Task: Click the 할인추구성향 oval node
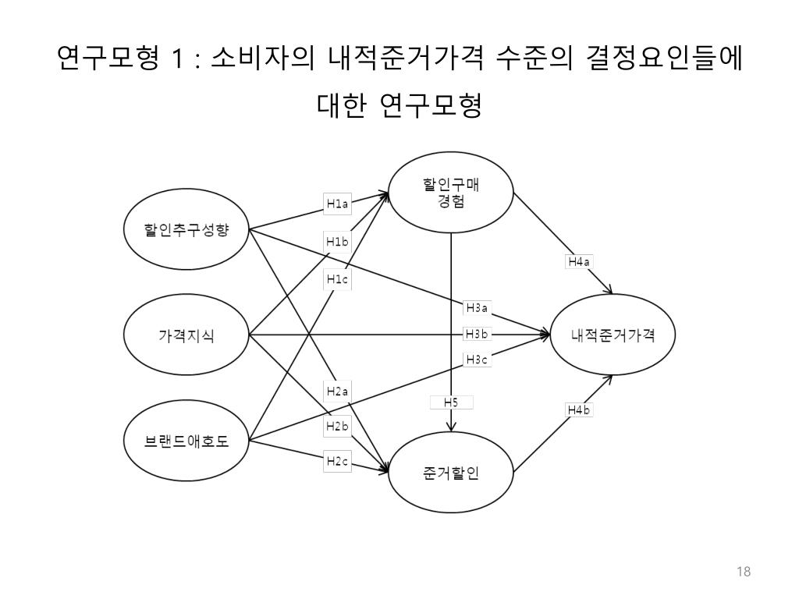(186, 230)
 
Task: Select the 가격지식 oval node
(186, 336)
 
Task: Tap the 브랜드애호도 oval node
(186, 441)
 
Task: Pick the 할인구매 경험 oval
(451, 193)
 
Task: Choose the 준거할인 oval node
(451, 473)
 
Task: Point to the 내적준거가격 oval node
(613, 336)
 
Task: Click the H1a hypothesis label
(337, 204)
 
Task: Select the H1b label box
(337, 242)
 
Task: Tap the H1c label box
(337, 278)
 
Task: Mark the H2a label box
(337, 391)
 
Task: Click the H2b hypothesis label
(337, 427)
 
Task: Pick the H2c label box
(337, 462)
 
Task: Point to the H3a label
(476, 307)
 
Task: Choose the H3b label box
(476, 334)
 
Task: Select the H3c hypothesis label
(476, 360)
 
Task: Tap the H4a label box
(578, 262)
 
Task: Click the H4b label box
(578, 410)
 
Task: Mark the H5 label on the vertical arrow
(451, 402)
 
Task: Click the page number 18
(743, 572)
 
